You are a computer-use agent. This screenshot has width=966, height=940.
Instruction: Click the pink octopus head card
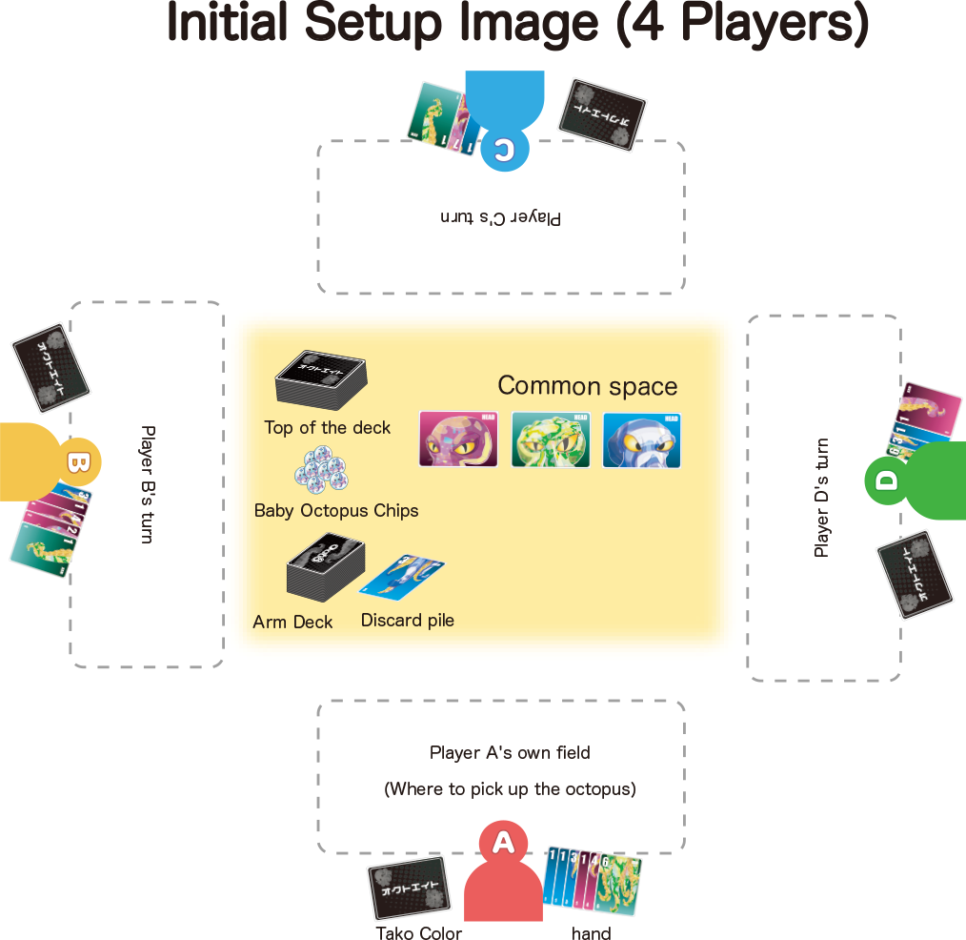click(x=458, y=439)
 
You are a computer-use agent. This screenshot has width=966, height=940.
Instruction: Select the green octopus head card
click(x=551, y=439)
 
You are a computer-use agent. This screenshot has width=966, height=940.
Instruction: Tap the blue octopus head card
click(x=642, y=439)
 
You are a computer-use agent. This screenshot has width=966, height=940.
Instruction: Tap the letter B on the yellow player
click(x=77, y=463)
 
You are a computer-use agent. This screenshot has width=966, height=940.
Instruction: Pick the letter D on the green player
click(x=887, y=480)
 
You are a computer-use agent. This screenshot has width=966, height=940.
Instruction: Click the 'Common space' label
click(x=588, y=386)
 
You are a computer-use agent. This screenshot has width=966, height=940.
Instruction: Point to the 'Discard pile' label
click(x=407, y=621)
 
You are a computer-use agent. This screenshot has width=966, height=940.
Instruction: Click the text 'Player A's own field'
click(x=510, y=753)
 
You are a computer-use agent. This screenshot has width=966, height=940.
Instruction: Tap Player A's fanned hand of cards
click(x=592, y=879)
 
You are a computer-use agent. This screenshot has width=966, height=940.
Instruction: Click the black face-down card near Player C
click(x=601, y=114)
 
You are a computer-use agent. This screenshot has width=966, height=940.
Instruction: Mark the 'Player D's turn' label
click(x=822, y=497)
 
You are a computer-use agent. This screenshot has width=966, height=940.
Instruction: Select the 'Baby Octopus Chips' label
click(x=336, y=511)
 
